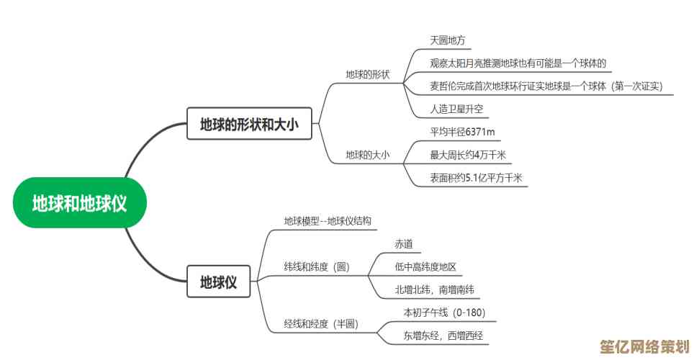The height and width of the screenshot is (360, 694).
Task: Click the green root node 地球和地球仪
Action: [x=80, y=203]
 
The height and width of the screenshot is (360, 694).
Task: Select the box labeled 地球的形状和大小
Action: [x=249, y=125]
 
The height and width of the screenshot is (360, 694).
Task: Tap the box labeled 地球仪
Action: [x=218, y=282]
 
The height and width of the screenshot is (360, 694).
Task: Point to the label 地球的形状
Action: [x=367, y=74]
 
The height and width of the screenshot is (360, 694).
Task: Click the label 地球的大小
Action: [x=367, y=154]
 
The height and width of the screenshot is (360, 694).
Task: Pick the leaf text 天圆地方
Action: [x=448, y=40]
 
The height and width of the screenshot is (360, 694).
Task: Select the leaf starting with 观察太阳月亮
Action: [x=518, y=63]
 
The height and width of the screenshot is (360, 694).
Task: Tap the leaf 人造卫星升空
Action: [x=457, y=109]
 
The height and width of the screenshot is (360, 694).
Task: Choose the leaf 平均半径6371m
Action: [x=462, y=132]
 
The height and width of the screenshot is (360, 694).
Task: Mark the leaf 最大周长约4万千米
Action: [x=468, y=154]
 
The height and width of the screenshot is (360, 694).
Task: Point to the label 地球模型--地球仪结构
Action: [x=328, y=221]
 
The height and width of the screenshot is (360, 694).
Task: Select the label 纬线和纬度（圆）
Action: [x=317, y=267]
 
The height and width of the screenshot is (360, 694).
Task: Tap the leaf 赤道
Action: [x=404, y=245]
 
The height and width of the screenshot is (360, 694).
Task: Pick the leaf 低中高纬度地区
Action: [x=425, y=267]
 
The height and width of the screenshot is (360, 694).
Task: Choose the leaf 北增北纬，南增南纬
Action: [x=434, y=289]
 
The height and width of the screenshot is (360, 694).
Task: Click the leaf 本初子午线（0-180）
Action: [x=444, y=312]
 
